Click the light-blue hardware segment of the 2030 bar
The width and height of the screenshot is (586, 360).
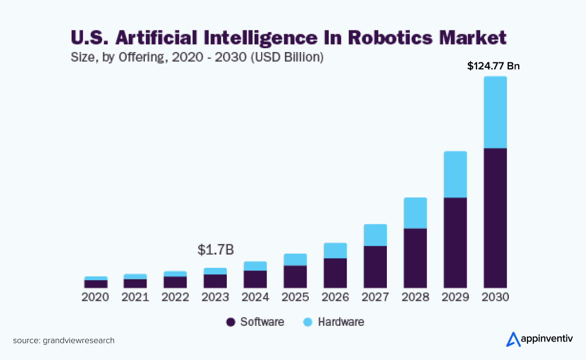click(495, 112)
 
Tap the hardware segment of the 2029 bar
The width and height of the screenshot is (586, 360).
click(455, 174)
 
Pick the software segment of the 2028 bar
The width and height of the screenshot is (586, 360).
click(415, 258)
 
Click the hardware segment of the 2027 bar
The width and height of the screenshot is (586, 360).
click(375, 235)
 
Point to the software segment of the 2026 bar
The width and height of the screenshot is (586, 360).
click(335, 273)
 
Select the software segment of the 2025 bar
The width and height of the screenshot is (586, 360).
click(295, 277)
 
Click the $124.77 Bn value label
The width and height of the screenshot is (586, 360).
click(493, 66)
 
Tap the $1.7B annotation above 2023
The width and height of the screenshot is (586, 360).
click(215, 250)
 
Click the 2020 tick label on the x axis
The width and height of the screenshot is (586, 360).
click(95, 297)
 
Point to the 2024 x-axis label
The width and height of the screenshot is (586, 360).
click(255, 297)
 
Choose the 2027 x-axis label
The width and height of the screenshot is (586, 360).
click(375, 297)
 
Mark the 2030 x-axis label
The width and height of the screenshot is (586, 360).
click(495, 297)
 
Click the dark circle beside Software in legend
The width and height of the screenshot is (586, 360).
click(231, 322)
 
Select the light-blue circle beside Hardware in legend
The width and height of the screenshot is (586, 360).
click(308, 322)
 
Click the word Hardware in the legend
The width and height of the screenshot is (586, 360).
click(341, 322)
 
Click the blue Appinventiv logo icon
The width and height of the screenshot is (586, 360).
click(513, 339)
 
